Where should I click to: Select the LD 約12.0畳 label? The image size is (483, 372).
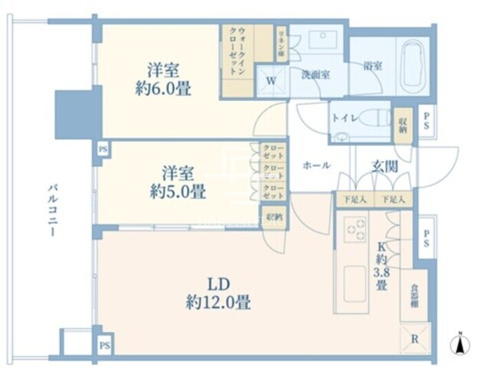point(217,292)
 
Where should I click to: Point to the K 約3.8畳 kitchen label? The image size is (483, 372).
point(380,264)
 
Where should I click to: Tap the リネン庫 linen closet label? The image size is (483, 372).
point(282,44)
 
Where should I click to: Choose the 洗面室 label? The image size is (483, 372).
point(315,75)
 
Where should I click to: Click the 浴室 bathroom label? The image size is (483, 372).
point(373,67)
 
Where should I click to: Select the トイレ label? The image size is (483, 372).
point(341,119)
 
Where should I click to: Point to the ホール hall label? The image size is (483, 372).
point(316,165)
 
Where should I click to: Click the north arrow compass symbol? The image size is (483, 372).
point(461,345)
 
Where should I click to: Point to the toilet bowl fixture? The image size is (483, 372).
point(372,120)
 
